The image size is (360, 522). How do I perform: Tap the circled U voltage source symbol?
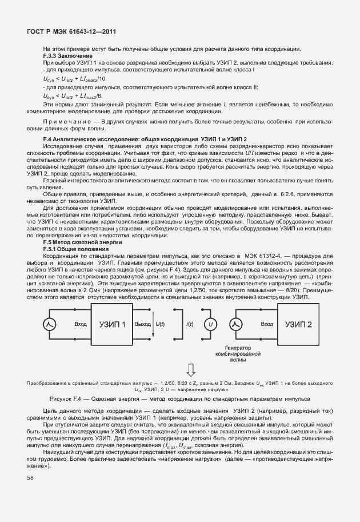212,324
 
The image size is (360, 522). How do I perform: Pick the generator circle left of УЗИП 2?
237,324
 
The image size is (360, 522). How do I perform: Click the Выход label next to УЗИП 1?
142,324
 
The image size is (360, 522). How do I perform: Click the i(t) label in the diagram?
190,324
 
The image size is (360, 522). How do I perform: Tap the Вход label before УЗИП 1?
81,324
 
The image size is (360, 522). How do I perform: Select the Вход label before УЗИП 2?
267,324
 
